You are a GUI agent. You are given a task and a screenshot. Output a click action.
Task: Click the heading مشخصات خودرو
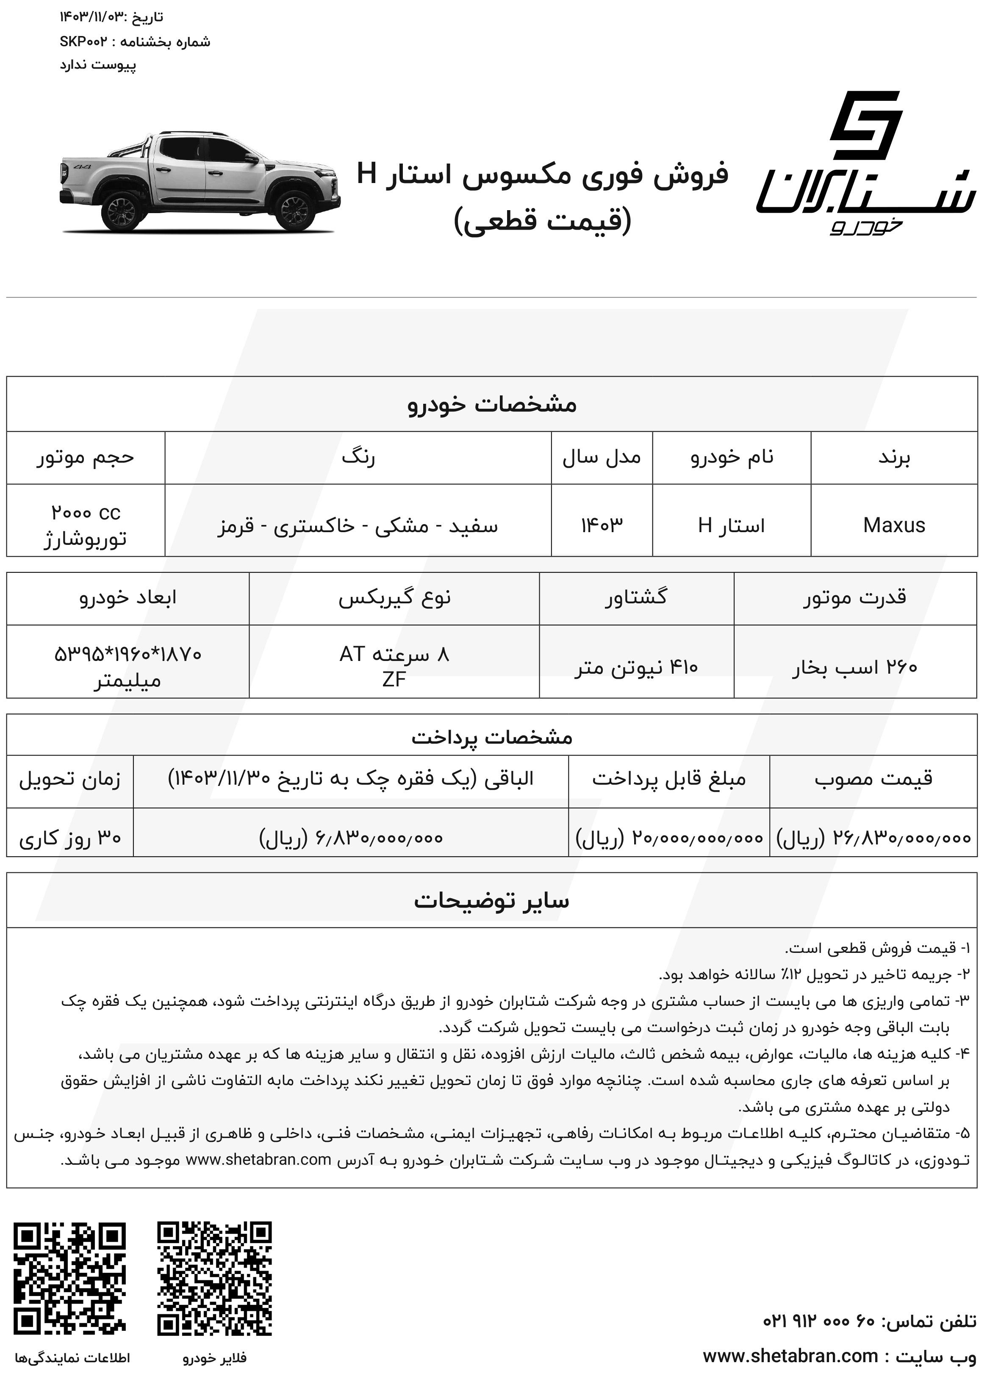pos(492,404)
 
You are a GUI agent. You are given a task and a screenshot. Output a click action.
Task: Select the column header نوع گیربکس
pos(394,598)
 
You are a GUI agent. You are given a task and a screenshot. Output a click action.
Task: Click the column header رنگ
pos(358,457)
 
